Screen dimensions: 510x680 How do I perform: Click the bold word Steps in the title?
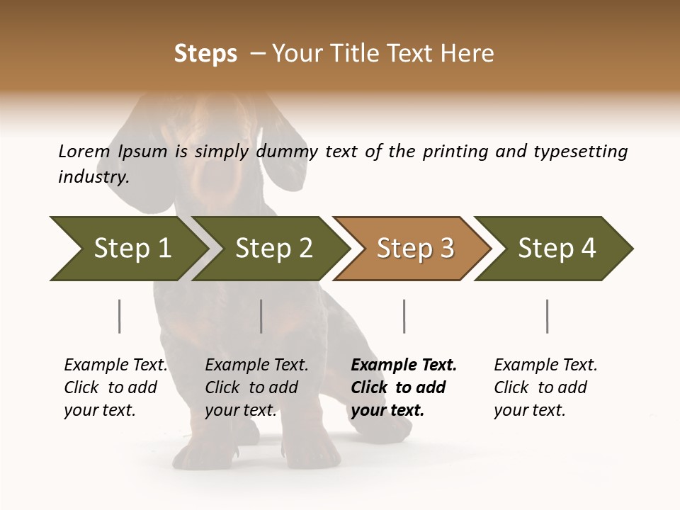tap(205, 54)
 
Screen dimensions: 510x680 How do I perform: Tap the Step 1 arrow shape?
tap(127, 249)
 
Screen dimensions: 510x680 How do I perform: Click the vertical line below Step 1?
tap(119, 316)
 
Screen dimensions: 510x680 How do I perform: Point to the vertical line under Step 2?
tap(261, 316)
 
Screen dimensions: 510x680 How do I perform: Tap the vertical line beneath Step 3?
tap(404, 316)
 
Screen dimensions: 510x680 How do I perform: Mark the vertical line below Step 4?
tap(547, 316)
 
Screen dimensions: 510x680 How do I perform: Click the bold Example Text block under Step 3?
tap(404, 387)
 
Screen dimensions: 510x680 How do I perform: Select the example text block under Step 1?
tap(115, 387)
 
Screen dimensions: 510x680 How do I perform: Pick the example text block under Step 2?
tap(256, 387)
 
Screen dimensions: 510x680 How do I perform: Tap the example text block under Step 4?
tap(545, 387)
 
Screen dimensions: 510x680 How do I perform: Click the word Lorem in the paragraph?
tap(84, 152)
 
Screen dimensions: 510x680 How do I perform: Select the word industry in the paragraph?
tap(93, 177)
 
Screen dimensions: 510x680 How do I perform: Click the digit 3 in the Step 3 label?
tap(446, 249)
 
